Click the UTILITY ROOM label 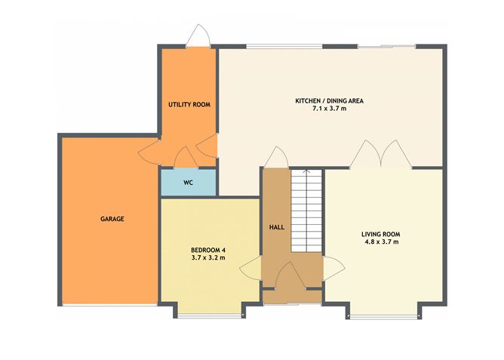click(x=188, y=104)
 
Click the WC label click(x=189, y=182)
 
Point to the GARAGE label click(x=112, y=219)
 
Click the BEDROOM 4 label click(x=208, y=250)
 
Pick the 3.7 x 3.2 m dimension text click(x=208, y=259)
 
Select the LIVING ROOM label click(x=380, y=234)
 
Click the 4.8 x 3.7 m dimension click(x=380, y=243)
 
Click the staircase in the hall click(x=306, y=211)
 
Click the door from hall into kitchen click(x=275, y=157)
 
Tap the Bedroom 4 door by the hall click(x=254, y=269)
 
